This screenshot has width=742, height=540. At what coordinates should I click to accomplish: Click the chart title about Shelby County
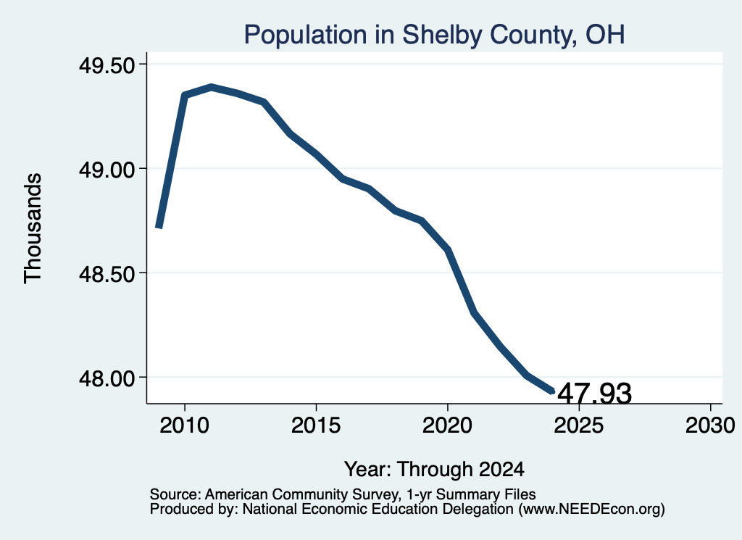(x=435, y=35)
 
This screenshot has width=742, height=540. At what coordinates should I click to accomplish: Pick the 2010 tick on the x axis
(x=185, y=425)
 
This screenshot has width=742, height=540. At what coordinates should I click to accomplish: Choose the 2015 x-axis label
(x=316, y=425)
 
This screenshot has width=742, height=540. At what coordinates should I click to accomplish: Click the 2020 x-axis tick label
(x=447, y=425)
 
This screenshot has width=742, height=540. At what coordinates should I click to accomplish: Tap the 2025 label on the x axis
(x=579, y=425)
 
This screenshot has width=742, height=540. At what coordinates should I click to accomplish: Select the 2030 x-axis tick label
(x=710, y=425)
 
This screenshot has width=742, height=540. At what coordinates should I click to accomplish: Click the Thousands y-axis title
(x=33, y=228)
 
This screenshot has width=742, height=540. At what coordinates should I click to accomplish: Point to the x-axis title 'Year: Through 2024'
(x=435, y=470)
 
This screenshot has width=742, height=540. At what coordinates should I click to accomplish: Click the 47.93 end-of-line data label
(x=594, y=394)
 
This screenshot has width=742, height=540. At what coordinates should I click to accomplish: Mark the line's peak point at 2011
(x=211, y=87)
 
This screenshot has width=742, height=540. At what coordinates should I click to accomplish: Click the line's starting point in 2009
(x=159, y=228)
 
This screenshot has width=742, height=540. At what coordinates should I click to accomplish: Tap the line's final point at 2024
(x=552, y=391)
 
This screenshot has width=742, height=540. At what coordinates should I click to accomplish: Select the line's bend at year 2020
(x=447, y=249)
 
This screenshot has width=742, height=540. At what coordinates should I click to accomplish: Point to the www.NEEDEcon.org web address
(x=591, y=510)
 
